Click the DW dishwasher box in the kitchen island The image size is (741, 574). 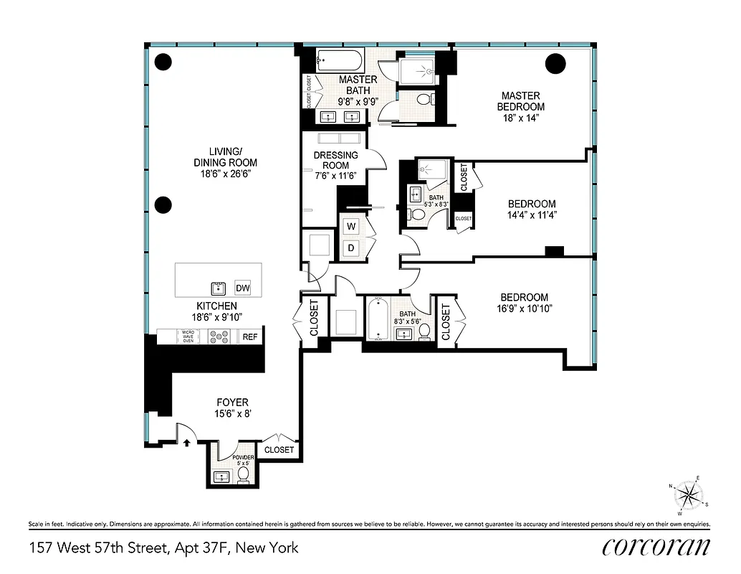pos(242,288)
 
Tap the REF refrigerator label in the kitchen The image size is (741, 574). pos(250,336)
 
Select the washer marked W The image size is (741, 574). pos(351,227)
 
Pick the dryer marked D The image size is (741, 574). pos(351,248)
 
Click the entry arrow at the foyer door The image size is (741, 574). pos(187,442)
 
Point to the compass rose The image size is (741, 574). pos(689,495)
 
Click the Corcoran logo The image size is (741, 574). pos(656,547)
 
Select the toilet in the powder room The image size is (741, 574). pos(243,474)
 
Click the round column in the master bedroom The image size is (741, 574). pos(555,65)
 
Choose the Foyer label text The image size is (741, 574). pos(233,403)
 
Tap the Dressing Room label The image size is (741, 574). pos(335,161)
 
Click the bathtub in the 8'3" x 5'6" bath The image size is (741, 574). pos(377,321)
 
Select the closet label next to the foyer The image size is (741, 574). pos(279,450)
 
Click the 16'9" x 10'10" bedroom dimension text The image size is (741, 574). pos(524,309)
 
